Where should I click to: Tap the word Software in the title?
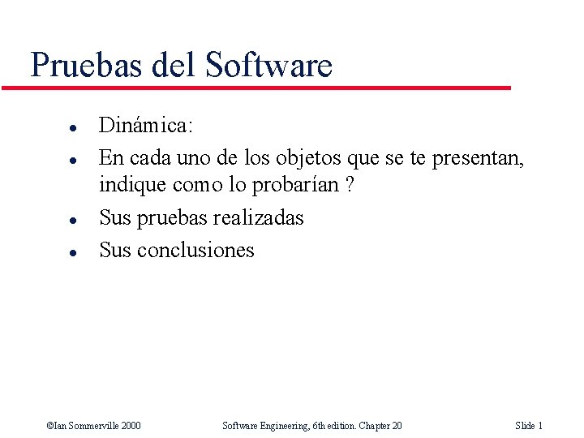pos(269,64)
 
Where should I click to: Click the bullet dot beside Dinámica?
pos(72,128)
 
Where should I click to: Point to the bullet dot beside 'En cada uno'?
pos(72,158)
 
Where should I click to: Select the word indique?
pos(133,185)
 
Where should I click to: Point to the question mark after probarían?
pos(349,185)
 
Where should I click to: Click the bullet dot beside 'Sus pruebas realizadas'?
pos(72,221)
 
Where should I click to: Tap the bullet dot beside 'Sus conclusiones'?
pos(72,252)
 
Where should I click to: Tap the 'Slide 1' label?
pos(528,425)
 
